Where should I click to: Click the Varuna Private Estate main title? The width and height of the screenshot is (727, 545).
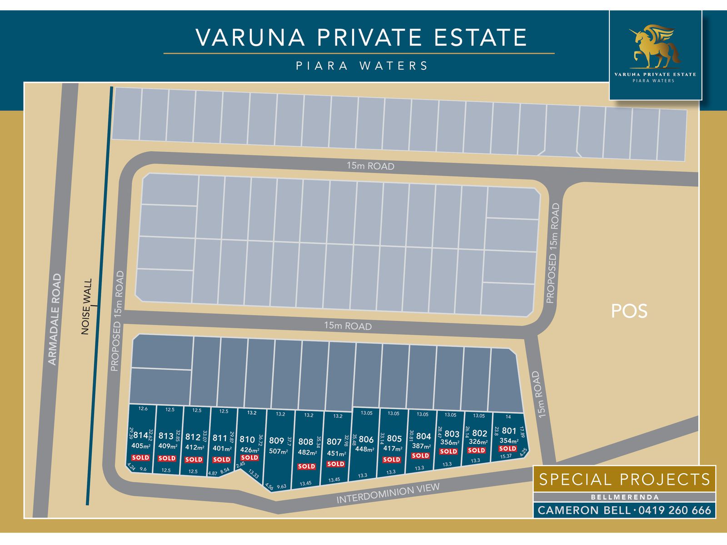pyautogui.click(x=361, y=37)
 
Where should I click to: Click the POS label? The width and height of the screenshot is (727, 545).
pyautogui.click(x=629, y=311)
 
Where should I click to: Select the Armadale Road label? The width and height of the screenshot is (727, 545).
pyautogui.click(x=55, y=319)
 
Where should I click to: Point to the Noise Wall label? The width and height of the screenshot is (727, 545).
pyautogui.click(x=86, y=307)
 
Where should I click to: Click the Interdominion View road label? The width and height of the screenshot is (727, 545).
pyautogui.click(x=388, y=494)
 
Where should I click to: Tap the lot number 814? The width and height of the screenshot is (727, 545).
pyautogui.click(x=141, y=435)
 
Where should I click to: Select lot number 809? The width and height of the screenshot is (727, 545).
pyautogui.click(x=276, y=441)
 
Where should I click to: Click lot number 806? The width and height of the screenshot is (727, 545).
pyautogui.click(x=366, y=439)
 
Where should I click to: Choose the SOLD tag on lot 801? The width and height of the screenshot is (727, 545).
pyautogui.click(x=508, y=448)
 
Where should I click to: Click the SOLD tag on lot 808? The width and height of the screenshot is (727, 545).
pyautogui.click(x=306, y=466)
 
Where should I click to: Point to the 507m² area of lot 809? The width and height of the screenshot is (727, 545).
pyautogui.click(x=278, y=451)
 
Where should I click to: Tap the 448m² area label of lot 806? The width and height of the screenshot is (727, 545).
pyautogui.click(x=365, y=450)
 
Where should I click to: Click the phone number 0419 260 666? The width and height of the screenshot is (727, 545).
pyautogui.click(x=675, y=510)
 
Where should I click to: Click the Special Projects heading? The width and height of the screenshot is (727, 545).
pyautogui.click(x=624, y=480)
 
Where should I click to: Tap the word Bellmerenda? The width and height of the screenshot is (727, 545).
pyautogui.click(x=624, y=497)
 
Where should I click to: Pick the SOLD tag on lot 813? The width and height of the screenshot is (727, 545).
pyautogui.click(x=167, y=458)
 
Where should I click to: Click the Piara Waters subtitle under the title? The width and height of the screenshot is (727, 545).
pyautogui.click(x=362, y=66)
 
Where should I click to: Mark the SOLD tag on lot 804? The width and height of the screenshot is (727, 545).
pyautogui.click(x=420, y=456)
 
